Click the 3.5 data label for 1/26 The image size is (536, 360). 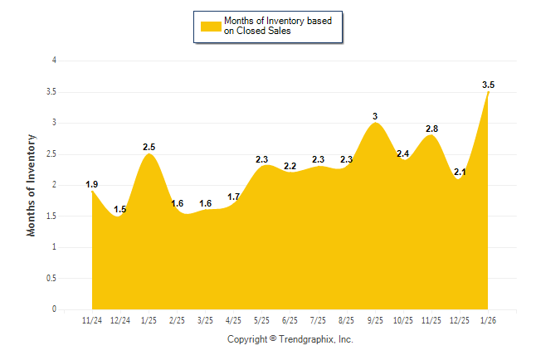coord(488,85)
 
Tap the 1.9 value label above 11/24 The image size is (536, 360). coord(92,184)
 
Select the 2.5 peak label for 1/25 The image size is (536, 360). coord(149,147)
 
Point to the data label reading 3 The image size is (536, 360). coord(375,116)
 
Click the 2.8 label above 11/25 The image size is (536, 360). coord(431,129)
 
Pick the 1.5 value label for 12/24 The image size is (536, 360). coord(120,210)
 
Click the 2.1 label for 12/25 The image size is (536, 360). coord(460,172)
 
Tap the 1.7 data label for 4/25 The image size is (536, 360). coord(233,197)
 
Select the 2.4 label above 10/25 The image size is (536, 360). coord(403,153)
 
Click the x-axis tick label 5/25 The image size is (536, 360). coord(262,320)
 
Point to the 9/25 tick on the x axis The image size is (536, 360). coord(375,320)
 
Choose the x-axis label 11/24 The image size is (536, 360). coord(92,320)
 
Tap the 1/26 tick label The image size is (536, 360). coord(488,320)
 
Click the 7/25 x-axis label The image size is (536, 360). coord(319,320)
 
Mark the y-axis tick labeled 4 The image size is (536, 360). coord(55,61)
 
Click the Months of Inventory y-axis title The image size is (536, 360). coord(32,185)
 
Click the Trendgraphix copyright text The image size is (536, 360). coord(290,339)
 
